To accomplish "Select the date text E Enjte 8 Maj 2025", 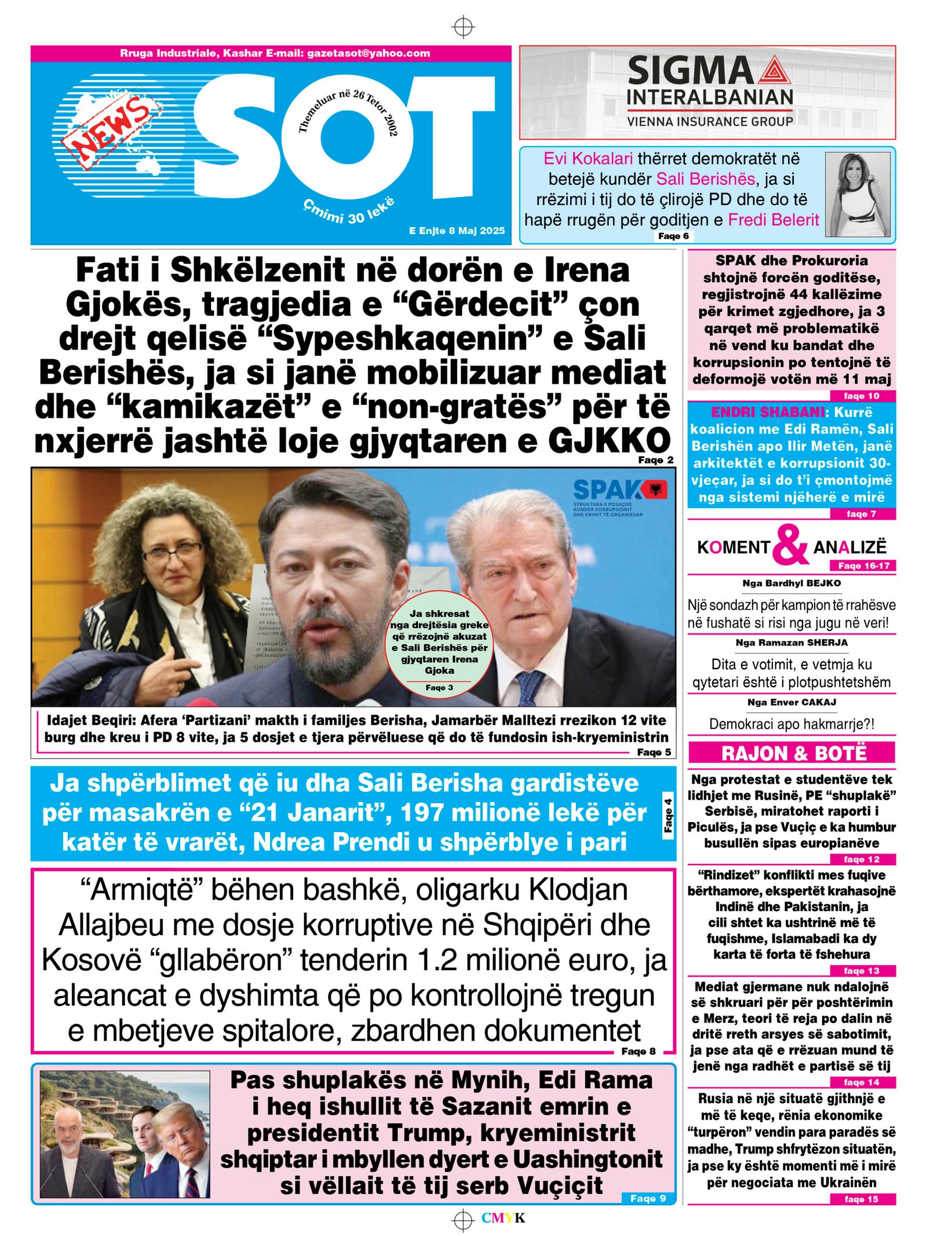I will pyautogui.click(x=457, y=231).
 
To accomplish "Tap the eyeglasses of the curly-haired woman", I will pyautogui.click(x=173, y=549).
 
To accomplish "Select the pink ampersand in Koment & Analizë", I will pyautogui.click(x=790, y=545).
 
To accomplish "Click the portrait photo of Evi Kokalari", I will pyautogui.click(x=857, y=195).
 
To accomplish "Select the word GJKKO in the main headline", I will pyautogui.click(x=609, y=440).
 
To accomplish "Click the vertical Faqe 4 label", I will pyautogui.click(x=669, y=815).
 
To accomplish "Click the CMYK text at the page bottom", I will pyautogui.click(x=503, y=1219).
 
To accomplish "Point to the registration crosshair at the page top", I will pyautogui.click(x=463, y=27).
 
